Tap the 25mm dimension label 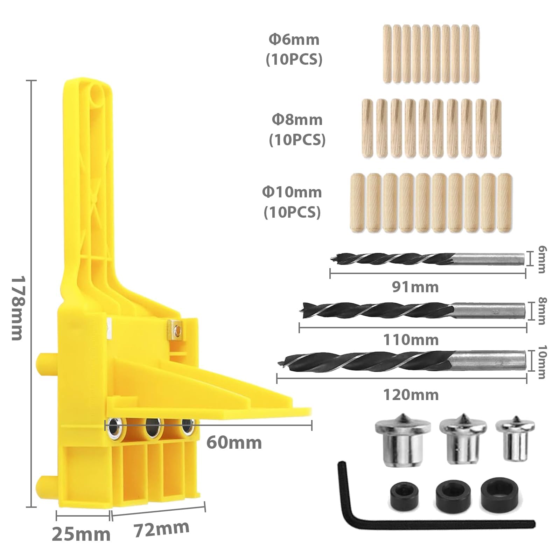(81, 534)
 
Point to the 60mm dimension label (234, 443)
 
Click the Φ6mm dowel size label (294, 40)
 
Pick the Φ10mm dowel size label (292, 192)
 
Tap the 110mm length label (411, 339)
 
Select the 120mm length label (411, 395)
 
